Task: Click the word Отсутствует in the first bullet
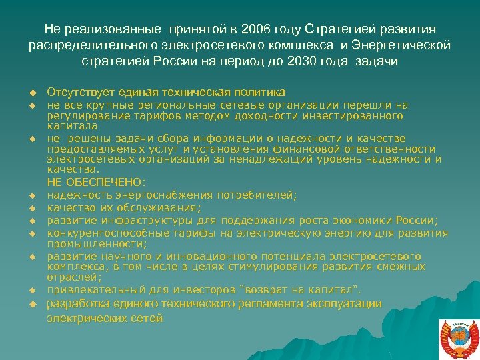(x=81, y=92)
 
